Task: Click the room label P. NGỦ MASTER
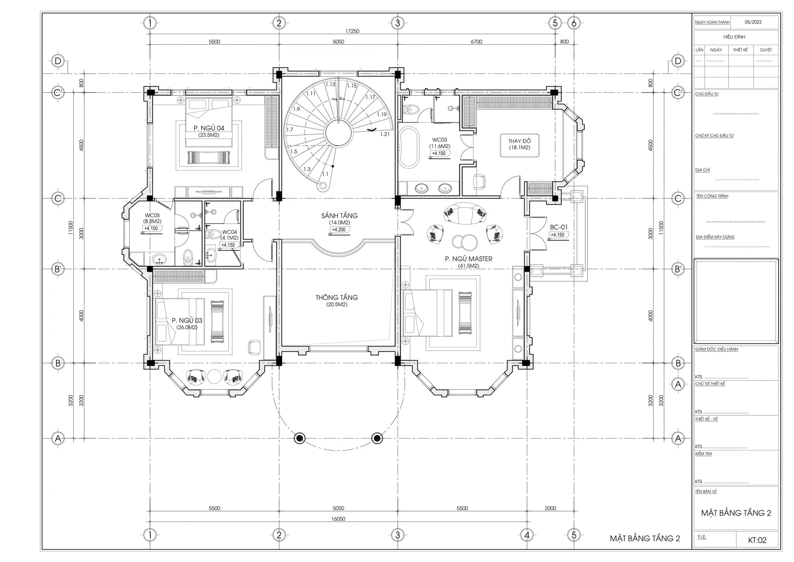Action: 469,259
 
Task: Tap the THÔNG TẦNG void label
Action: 337,297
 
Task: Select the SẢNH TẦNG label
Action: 339,216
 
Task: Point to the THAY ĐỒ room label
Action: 520,141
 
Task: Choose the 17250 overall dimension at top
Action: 352,31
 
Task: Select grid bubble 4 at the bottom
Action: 527,535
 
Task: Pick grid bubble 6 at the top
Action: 574,23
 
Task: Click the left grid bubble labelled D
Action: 58,61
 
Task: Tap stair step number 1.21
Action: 385,134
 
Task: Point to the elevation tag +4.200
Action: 339,229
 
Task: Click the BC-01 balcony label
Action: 559,227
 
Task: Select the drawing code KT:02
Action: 757,540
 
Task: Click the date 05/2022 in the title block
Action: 753,22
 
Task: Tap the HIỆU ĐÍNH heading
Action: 734,37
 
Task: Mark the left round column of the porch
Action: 300,438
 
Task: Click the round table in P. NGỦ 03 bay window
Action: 214,376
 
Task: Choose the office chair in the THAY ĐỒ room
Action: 479,181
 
